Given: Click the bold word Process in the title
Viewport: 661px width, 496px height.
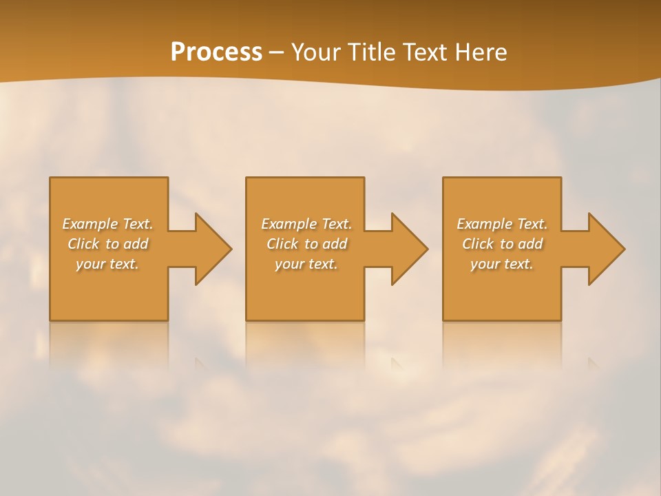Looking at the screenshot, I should coord(216,52).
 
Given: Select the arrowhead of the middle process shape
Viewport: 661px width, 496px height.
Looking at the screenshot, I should coord(408,249).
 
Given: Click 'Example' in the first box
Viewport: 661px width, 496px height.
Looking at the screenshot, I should coord(90,224).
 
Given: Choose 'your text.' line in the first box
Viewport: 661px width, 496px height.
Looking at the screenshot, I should coord(107,264).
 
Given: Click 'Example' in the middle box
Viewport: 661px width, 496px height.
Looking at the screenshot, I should coord(288,224).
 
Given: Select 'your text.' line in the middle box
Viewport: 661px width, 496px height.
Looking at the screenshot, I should coord(306,264).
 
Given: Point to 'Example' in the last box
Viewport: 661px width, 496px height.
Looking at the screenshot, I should coord(484,224).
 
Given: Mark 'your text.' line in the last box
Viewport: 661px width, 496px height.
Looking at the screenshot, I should coord(502,264).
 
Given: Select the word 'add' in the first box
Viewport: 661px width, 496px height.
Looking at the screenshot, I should coord(136,244).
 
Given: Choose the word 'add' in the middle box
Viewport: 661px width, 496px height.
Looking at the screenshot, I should coord(335,244).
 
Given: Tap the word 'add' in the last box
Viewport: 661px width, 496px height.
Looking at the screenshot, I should coord(530,244).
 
